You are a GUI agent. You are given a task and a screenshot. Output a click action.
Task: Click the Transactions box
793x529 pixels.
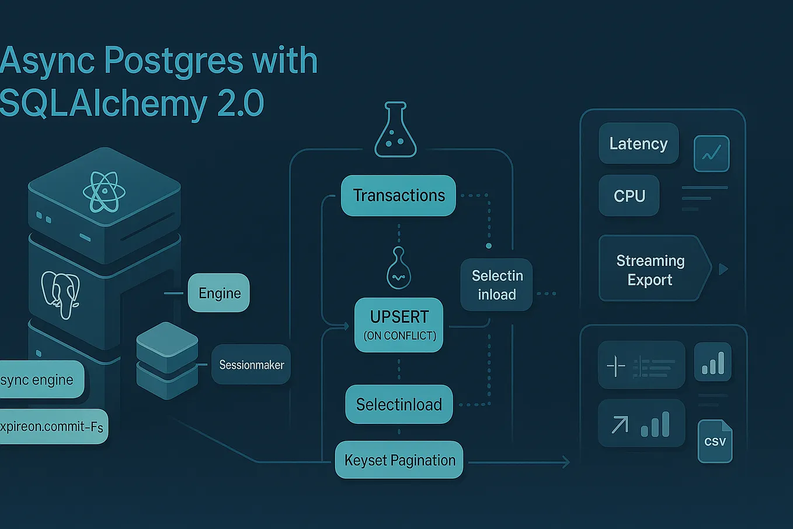click(x=398, y=196)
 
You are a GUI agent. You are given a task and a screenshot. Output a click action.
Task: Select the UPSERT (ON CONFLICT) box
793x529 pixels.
click(x=399, y=325)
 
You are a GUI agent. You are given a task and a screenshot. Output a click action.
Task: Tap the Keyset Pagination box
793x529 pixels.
click(x=399, y=460)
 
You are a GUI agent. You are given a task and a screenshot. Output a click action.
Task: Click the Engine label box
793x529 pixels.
click(x=219, y=293)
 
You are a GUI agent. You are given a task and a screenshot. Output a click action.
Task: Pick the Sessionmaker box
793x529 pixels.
click(x=251, y=365)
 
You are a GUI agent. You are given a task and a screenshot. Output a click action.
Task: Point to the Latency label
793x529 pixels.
click(x=638, y=144)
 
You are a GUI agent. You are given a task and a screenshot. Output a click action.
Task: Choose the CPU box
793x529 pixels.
click(x=629, y=196)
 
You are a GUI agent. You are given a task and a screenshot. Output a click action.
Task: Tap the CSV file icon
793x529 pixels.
click(x=715, y=441)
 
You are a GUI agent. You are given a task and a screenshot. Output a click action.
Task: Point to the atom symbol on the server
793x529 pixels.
click(x=104, y=192)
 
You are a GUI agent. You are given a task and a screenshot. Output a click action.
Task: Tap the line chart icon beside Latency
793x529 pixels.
click(x=711, y=154)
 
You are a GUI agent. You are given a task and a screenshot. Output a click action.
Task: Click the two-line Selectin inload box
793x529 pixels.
click(x=496, y=285)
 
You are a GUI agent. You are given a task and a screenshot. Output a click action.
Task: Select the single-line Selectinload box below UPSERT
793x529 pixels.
click(x=399, y=404)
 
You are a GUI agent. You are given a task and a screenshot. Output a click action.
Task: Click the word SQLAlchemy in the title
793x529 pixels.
click(x=102, y=103)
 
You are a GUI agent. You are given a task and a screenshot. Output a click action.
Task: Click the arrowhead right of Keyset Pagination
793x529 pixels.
click(x=565, y=462)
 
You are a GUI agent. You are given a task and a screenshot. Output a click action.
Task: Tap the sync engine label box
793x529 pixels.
click(x=40, y=380)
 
